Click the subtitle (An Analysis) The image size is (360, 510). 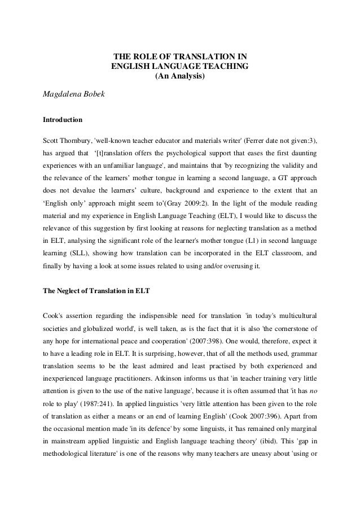click(180, 76)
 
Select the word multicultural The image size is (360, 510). click(297, 313)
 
